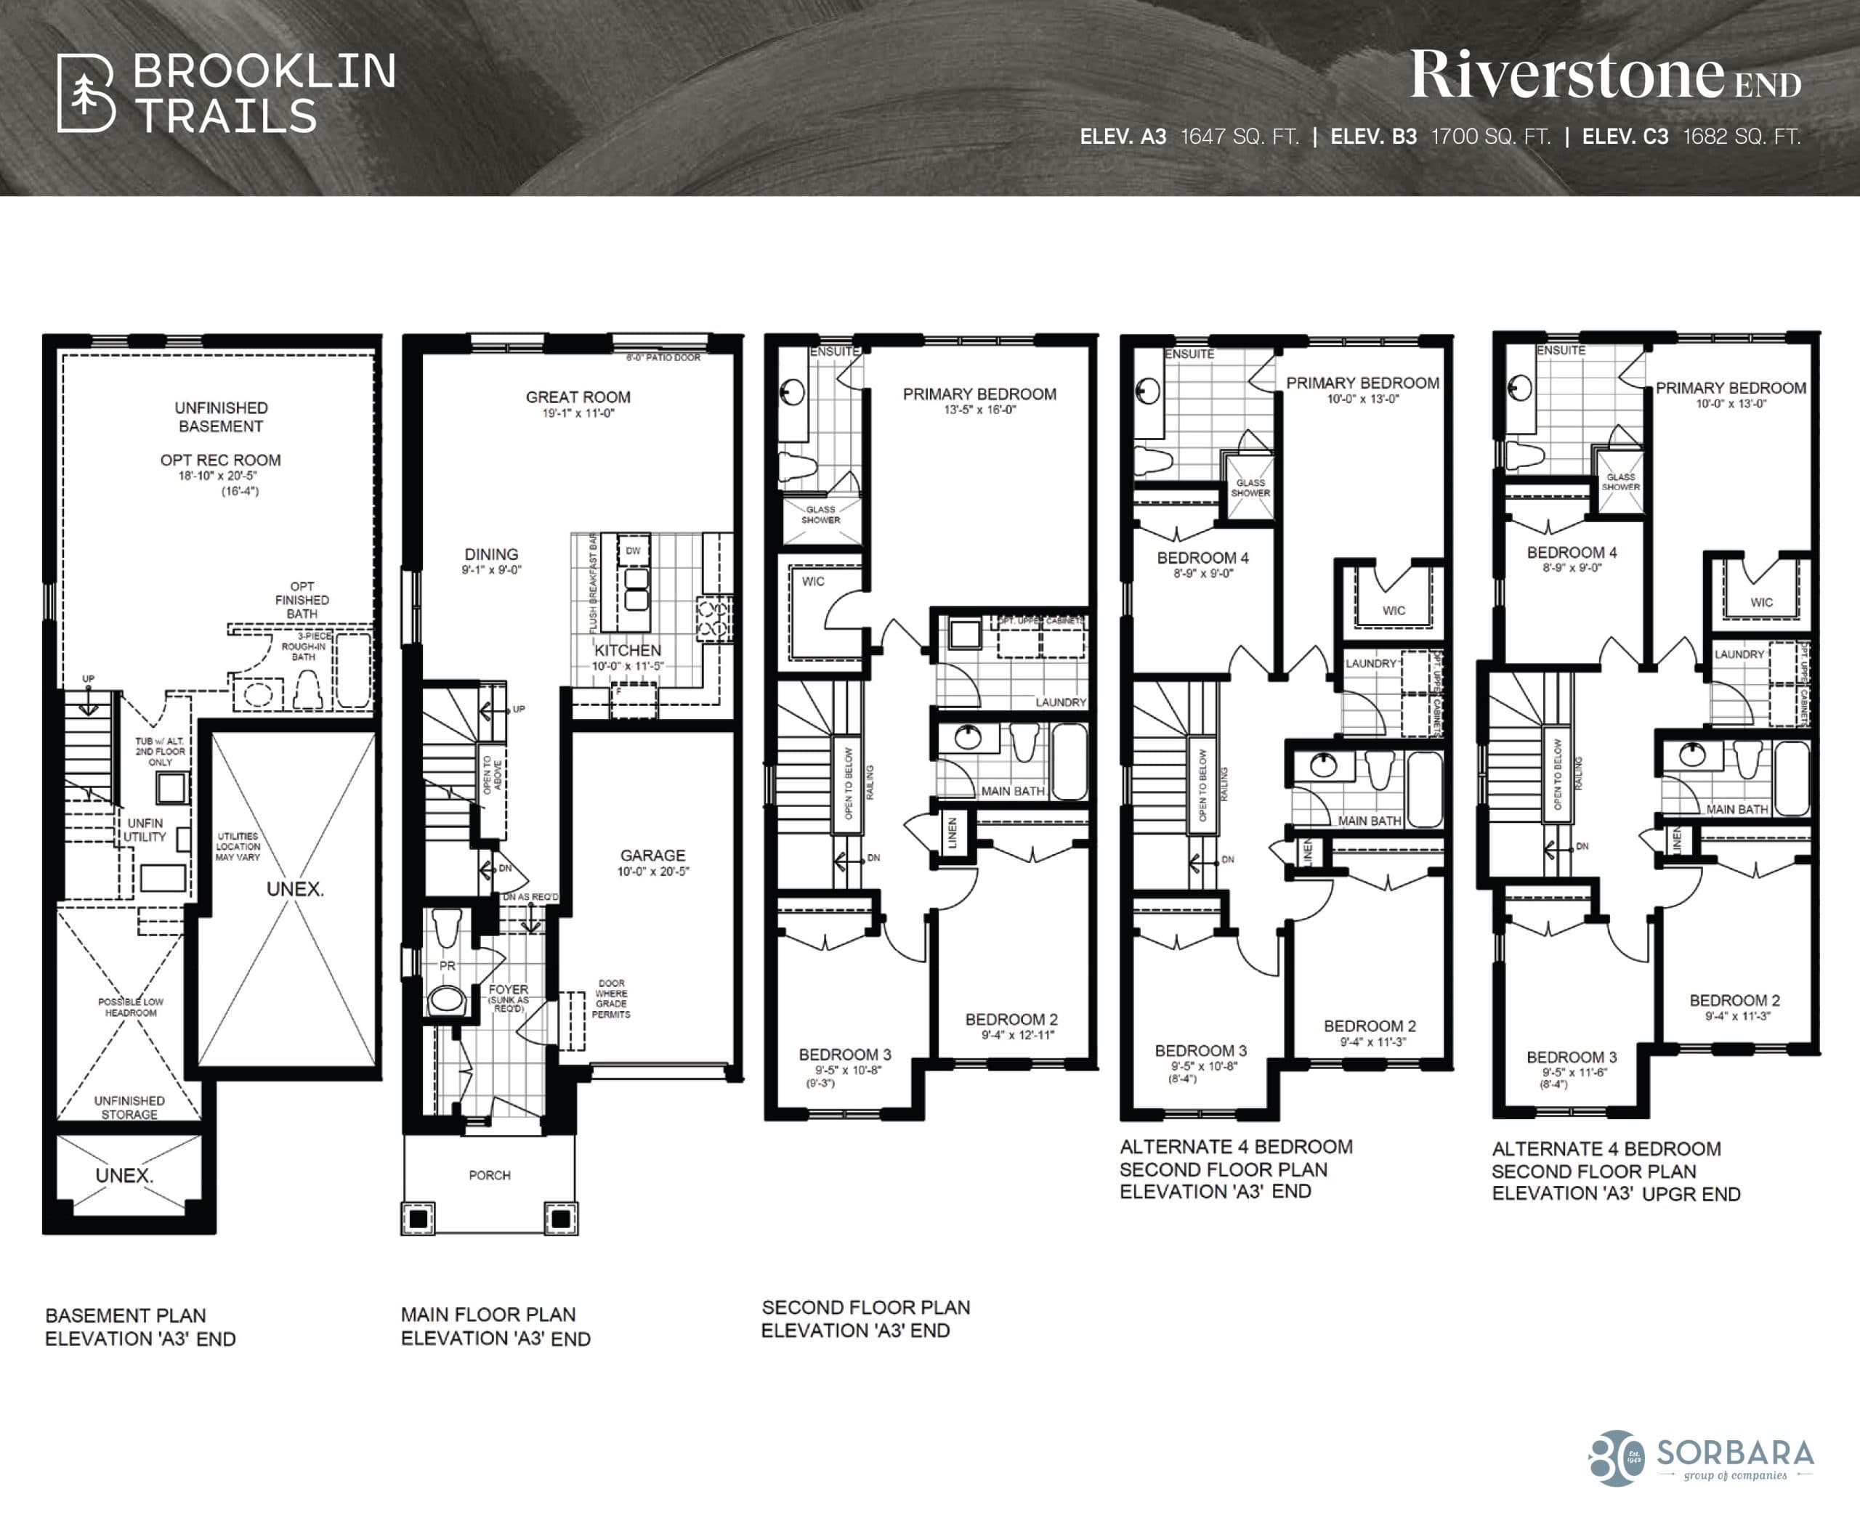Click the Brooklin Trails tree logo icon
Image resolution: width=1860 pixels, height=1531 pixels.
[x=86, y=94]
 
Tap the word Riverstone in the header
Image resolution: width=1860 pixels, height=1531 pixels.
[x=1566, y=75]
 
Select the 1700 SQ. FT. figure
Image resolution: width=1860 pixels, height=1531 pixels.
[x=1490, y=137]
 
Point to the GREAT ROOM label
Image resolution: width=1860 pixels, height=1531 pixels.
[x=578, y=397]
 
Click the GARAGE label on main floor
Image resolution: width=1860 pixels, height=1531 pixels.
[x=652, y=855]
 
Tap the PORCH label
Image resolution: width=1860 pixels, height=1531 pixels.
[x=490, y=1174]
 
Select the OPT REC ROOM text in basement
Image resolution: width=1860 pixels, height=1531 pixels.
[x=221, y=460]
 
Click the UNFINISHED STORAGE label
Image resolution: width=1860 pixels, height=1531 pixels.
[x=130, y=1107]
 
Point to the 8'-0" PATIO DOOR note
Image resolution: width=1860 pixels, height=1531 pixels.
[x=663, y=358]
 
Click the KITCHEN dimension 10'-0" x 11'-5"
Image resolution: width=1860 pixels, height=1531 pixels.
[x=626, y=666]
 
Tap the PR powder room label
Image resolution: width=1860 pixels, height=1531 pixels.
[x=448, y=966]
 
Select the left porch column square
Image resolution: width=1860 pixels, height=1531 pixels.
[x=418, y=1219]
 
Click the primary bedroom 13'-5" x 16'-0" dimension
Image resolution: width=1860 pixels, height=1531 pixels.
[x=979, y=410]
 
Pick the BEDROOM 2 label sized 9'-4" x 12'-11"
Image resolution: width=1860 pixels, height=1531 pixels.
[x=1011, y=1020]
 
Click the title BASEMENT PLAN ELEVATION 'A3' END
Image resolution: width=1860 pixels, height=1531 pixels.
[x=140, y=1326]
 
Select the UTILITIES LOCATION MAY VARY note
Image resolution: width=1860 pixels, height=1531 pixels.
[x=238, y=845]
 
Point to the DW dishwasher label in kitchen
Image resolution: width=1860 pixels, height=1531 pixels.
[x=633, y=551]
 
